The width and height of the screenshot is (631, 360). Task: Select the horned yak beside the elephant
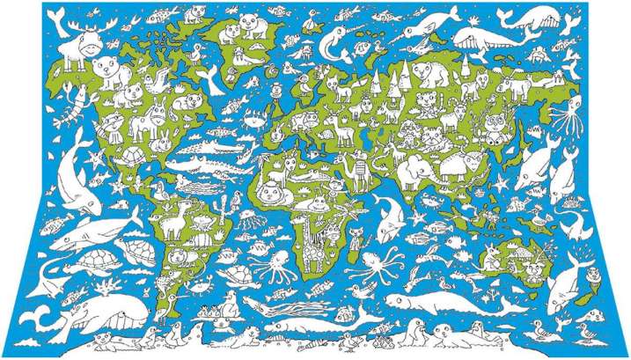click(458, 163)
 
